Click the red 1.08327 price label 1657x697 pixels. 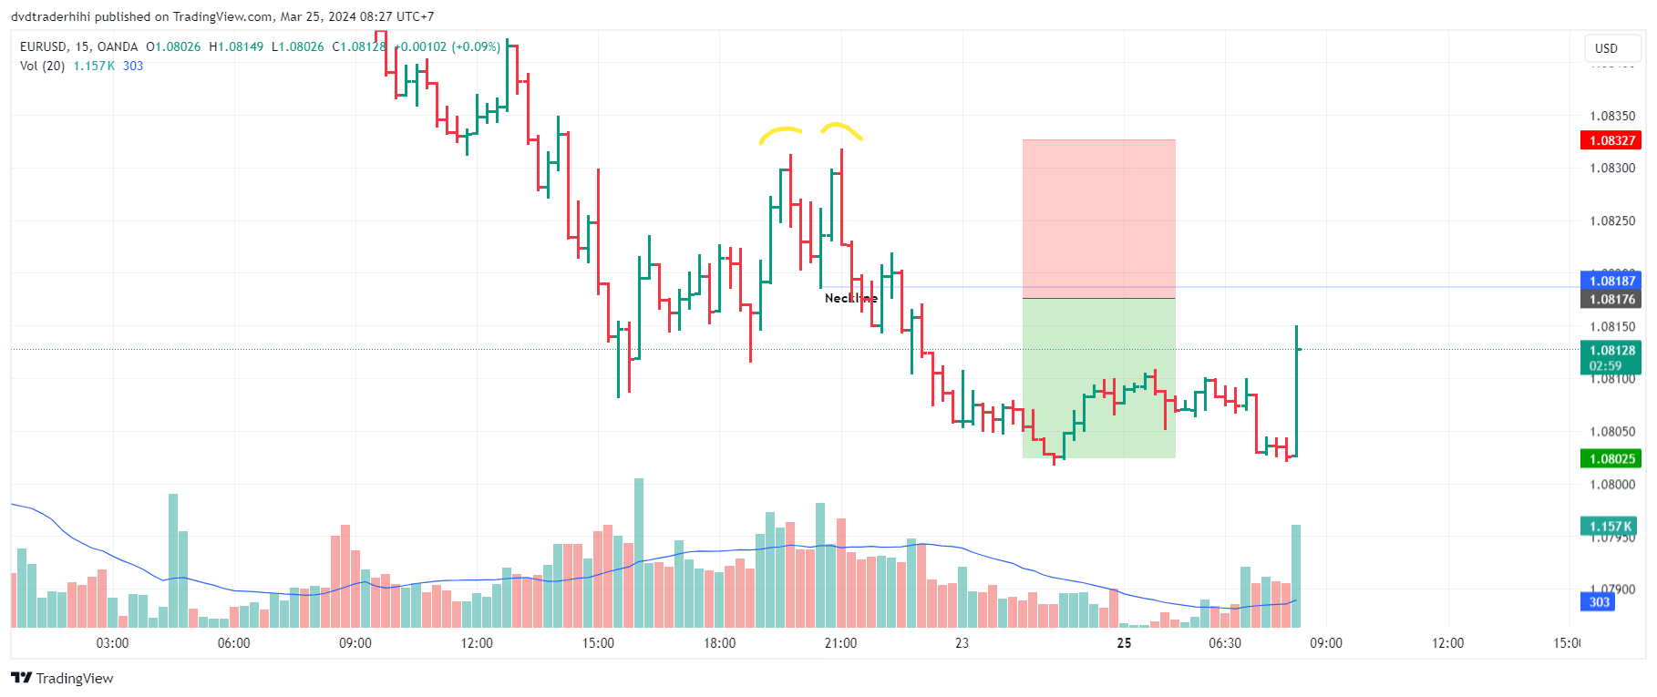coord(1611,140)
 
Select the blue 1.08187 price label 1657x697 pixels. coord(1611,281)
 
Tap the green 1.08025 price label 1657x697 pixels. coord(1611,459)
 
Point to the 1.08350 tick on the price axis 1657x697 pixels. coord(1611,116)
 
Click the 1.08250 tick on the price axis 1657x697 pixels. coord(1611,220)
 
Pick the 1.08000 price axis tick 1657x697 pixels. coord(1611,485)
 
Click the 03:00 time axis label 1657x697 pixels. coord(112,643)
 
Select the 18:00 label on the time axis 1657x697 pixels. coord(719,643)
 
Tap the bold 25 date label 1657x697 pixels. coord(1124,643)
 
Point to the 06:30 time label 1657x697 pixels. coord(1224,643)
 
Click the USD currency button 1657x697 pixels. coord(1606,48)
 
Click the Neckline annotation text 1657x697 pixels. coord(850,298)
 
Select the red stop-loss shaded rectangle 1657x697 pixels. coord(1098,219)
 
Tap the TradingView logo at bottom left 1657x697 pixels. coord(62,678)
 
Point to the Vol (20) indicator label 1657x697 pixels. coord(42,66)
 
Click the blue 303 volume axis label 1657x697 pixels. coord(1600,602)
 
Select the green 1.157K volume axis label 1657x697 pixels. coord(1611,527)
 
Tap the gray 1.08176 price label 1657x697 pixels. coord(1611,300)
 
